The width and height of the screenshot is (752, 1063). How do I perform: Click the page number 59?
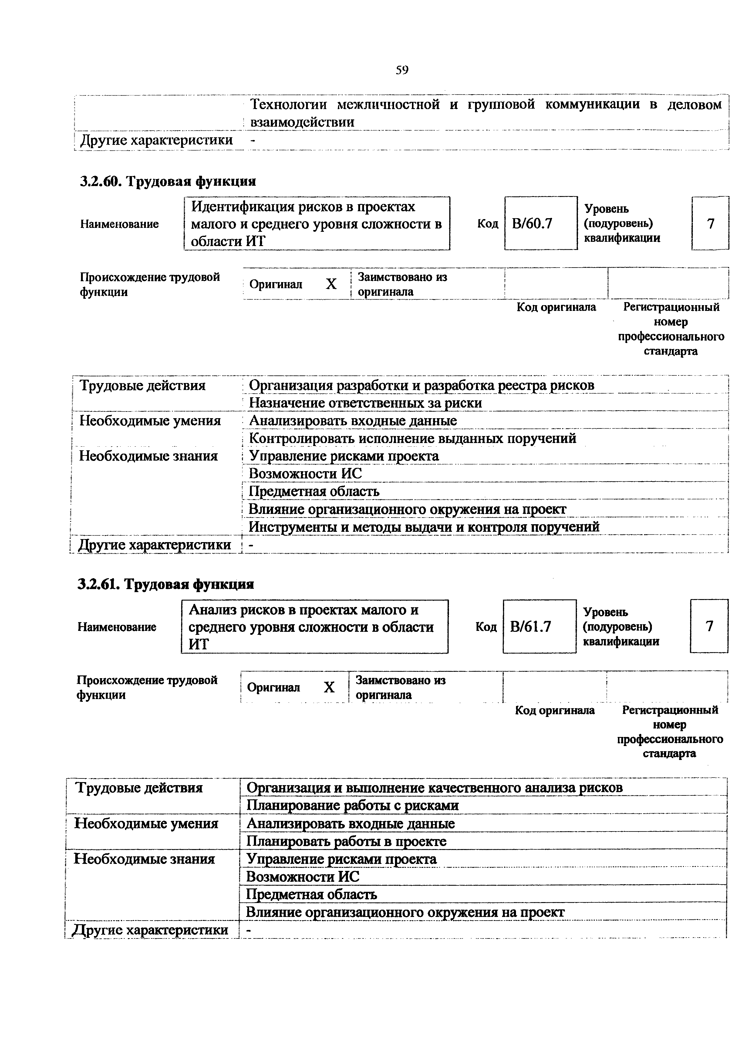tap(402, 70)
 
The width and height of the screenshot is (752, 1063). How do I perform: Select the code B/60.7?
tap(532, 224)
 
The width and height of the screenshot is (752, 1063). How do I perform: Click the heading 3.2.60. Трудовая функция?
tap(168, 181)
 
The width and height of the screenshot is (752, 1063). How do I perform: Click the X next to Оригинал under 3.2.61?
tap(329, 687)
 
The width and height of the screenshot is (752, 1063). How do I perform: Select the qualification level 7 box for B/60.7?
tap(710, 224)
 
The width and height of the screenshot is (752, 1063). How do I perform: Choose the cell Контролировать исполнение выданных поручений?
tap(412, 438)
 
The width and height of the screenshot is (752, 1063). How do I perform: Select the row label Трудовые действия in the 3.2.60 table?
tap(142, 385)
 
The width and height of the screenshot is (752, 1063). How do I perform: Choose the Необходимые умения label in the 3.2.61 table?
tap(146, 823)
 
